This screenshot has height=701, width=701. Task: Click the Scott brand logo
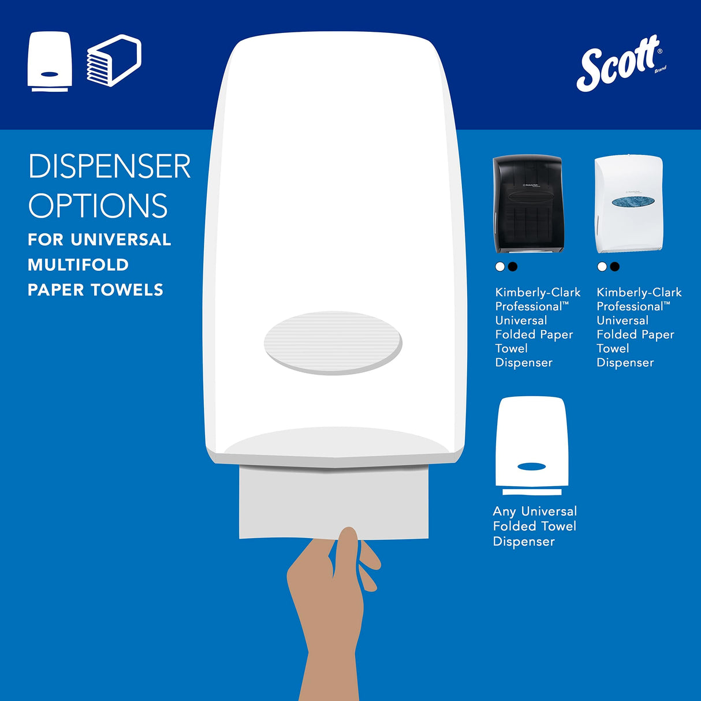[x=620, y=64]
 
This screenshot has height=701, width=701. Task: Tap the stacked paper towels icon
[x=114, y=61]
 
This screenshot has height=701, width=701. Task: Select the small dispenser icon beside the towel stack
[x=50, y=62]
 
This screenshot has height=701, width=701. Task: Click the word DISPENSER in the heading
[x=109, y=167]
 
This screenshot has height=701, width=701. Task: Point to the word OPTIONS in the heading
[x=98, y=206]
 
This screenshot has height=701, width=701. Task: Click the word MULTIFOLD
[x=78, y=265]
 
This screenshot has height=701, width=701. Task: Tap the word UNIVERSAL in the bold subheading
[x=121, y=240]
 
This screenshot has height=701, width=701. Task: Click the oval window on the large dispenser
[x=333, y=343]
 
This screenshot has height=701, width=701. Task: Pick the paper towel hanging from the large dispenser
[x=334, y=502]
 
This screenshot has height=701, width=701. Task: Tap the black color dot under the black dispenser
[x=513, y=266]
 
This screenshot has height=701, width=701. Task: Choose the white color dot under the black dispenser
[x=500, y=266]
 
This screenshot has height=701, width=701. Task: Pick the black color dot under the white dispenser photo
[x=614, y=266]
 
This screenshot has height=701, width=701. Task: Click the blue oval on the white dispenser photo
[x=633, y=201]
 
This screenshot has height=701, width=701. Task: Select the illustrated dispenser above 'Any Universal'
[x=532, y=445]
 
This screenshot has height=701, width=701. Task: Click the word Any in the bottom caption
[x=504, y=511]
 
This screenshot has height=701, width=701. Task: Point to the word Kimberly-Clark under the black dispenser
[x=538, y=292]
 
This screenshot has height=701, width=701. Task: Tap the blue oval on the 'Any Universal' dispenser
[x=532, y=467]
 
